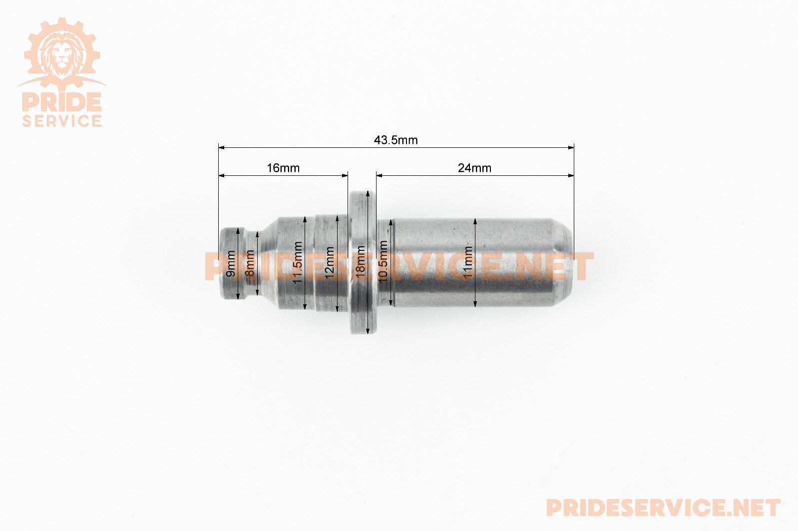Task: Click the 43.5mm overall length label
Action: [x=396, y=140]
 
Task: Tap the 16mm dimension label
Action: [x=283, y=168]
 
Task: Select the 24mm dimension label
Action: [x=474, y=168]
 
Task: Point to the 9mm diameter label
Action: [x=231, y=264]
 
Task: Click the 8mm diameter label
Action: [x=250, y=263]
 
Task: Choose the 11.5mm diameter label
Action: [x=298, y=262]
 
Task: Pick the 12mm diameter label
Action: [x=330, y=263]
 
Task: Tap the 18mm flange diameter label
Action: [x=361, y=262]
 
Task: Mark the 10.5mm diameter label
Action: [x=383, y=261]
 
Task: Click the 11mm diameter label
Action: [x=468, y=262]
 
